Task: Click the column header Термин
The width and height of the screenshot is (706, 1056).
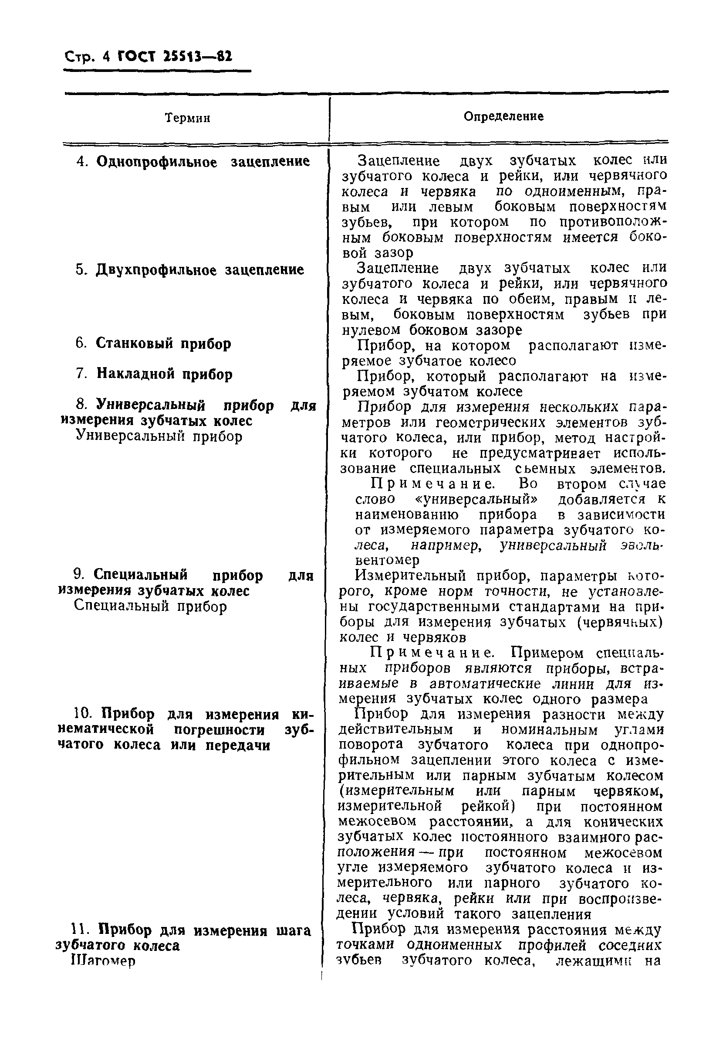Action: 188,119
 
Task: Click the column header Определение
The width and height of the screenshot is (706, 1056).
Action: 503,117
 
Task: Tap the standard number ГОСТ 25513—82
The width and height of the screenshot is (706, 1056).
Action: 175,57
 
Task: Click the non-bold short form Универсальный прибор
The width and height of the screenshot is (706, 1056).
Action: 159,436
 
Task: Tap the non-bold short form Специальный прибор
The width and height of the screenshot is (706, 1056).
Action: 150,606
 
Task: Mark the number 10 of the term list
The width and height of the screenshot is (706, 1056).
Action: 82,714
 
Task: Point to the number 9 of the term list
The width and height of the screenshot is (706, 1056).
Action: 78,575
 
